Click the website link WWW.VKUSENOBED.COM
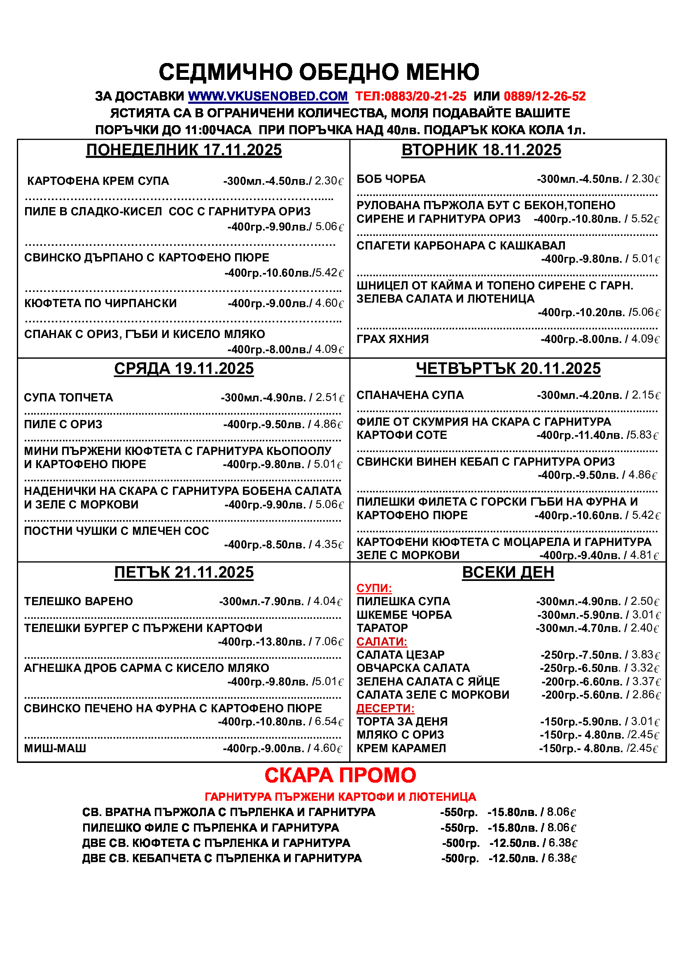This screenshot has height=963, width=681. click(x=268, y=96)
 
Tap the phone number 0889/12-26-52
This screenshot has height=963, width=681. click(x=544, y=96)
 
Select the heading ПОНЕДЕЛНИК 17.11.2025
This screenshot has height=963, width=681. click(x=184, y=150)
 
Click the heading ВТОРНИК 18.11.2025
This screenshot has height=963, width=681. click(x=481, y=150)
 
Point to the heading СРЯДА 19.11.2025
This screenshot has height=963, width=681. click(x=184, y=368)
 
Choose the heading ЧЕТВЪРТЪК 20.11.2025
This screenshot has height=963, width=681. click(x=508, y=368)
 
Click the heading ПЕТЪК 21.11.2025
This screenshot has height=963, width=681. click(x=184, y=573)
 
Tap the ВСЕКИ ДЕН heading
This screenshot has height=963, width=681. click(x=508, y=573)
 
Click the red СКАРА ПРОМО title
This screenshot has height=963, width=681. click(x=340, y=776)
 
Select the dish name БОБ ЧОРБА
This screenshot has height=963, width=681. click(x=391, y=179)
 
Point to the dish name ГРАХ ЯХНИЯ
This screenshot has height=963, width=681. click(x=392, y=339)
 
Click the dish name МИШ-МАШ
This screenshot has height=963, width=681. click(x=55, y=748)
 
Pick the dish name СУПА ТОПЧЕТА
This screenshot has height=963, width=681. click(x=68, y=398)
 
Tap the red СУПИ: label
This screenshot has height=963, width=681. click(x=374, y=588)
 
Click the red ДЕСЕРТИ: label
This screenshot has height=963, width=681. click(x=385, y=708)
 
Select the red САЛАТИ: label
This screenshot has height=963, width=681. click(x=382, y=641)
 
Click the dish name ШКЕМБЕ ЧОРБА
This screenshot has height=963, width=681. click(x=404, y=615)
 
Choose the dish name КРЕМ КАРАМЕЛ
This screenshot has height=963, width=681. click(x=401, y=748)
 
